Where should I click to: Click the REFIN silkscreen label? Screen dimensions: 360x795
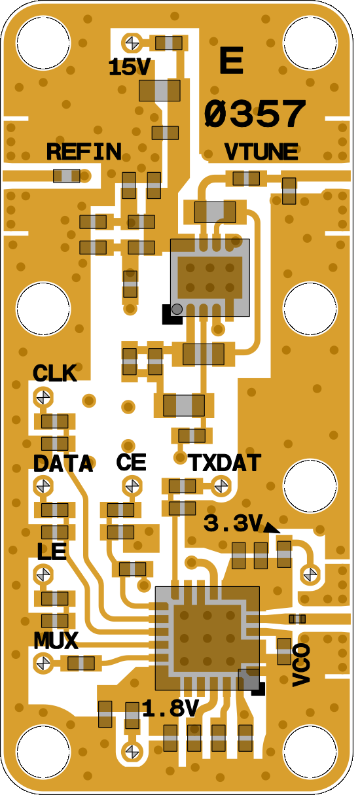[84, 152]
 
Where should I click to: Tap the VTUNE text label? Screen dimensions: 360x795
[261, 152]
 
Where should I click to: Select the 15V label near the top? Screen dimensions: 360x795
[129, 67]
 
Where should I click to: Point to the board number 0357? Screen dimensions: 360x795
[255, 114]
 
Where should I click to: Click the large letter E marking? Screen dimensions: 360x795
[232, 61]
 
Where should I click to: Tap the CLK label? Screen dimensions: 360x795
[55, 374]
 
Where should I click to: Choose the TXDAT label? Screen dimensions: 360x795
[225, 463]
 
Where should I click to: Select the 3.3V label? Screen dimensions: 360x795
[232, 523]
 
